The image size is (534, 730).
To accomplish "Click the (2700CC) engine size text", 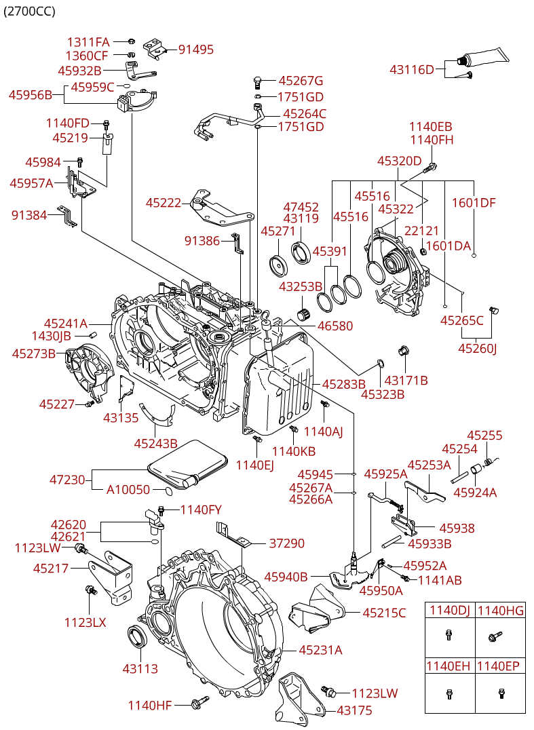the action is click(x=29, y=11).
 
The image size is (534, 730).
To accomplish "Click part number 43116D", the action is click(x=411, y=70).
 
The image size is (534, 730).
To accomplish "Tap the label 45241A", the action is click(x=66, y=323).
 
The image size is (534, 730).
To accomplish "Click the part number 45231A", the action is click(x=320, y=650).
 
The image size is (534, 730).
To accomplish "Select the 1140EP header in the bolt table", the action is click(x=498, y=666).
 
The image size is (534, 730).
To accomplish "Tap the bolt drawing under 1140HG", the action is click(x=494, y=636).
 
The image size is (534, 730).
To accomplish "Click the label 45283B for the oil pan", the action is click(x=343, y=384).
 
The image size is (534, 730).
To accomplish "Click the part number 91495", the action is click(x=196, y=50).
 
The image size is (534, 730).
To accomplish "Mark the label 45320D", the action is click(x=399, y=161).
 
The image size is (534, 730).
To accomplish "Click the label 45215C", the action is click(x=384, y=613).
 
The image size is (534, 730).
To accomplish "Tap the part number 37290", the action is click(x=287, y=543).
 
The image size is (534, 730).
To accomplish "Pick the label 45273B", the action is click(x=33, y=354).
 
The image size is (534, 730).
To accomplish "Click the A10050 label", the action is click(x=128, y=490).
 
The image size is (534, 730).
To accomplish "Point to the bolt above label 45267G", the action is click(x=257, y=82).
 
